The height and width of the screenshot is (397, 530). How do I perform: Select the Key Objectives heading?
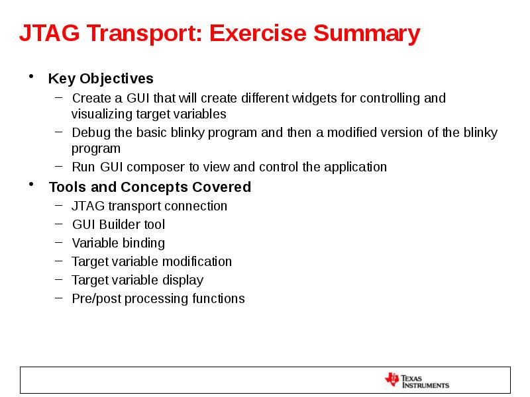click(x=101, y=79)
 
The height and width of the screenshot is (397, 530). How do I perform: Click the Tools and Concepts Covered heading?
click(x=150, y=187)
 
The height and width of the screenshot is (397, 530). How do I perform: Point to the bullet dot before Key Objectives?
click(x=31, y=77)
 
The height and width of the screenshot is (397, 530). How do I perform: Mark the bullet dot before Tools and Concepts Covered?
click(x=31, y=186)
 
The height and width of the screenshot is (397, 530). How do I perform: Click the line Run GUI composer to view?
click(x=229, y=167)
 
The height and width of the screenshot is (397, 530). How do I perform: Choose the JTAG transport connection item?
click(x=149, y=206)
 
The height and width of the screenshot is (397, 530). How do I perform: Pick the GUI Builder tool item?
click(x=119, y=224)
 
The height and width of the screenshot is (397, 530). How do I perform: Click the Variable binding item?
click(x=118, y=243)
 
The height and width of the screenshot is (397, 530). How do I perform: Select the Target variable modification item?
click(x=152, y=261)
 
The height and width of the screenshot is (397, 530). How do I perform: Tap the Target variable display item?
click(x=137, y=280)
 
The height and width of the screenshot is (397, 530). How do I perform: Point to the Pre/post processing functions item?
click(x=158, y=298)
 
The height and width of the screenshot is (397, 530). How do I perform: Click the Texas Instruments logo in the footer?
click(x=417, y=380)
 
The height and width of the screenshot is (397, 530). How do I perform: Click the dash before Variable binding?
click(x=60, y=243)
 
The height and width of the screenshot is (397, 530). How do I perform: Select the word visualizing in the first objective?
click(x=102, y=113)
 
